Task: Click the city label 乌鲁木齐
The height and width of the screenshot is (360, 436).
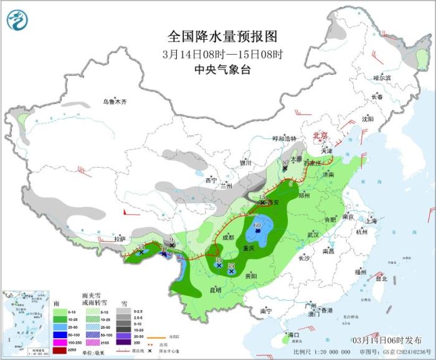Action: pyautogui.click(x=115, y=102)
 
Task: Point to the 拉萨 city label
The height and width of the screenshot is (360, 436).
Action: pyautogui.click(x=120, y=239)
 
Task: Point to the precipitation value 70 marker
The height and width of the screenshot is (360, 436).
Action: pyautogui.click(x=163, y=249)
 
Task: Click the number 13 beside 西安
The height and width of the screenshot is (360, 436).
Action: pyautogui.click(x=262, y=196)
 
